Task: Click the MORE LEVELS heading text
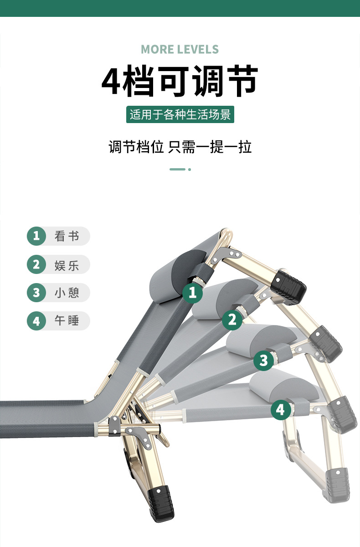click(180, 49)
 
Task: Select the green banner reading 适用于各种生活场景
click(180, 114)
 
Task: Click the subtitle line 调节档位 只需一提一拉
click(180, 147)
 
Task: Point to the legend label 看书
click(67, 236)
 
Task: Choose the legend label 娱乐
click(67, 264)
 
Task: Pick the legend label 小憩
click(67, 293)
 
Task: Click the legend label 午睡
click(67, 321)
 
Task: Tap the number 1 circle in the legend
click(36, 236)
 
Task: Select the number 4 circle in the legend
click(36, 321)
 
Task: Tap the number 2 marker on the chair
click(232, 320)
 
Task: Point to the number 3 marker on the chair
click(263, 361)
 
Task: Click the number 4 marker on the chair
click(280, 409)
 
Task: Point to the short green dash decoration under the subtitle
click(177, 169)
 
